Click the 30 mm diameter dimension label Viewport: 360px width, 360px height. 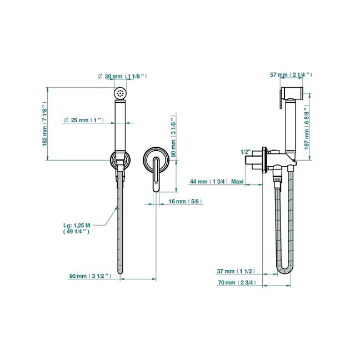[x=122, y=76]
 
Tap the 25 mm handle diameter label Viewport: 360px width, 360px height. [x=84, y=120]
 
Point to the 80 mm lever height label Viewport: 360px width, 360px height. [x=173, y=136]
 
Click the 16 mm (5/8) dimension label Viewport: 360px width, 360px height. [x=186, y=201]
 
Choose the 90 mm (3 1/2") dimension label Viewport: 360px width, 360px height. [x=90, y=276]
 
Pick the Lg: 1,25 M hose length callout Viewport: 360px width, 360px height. [x=77, y=228]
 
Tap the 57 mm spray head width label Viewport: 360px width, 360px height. [x=291, y=74]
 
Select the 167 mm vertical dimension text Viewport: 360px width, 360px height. [x=307, y=127]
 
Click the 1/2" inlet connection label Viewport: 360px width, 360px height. [x=246, y=152]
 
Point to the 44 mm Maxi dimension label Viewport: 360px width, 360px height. [x=217, y=182]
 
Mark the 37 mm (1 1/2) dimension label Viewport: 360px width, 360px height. [x=236, y=271]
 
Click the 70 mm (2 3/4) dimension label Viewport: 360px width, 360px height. [x=237, y=282]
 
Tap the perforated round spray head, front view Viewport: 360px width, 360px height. [x=120, y=93]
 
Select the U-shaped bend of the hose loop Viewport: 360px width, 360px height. [x=284, y=270]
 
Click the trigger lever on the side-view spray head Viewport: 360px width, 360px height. [x=281, y=99]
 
